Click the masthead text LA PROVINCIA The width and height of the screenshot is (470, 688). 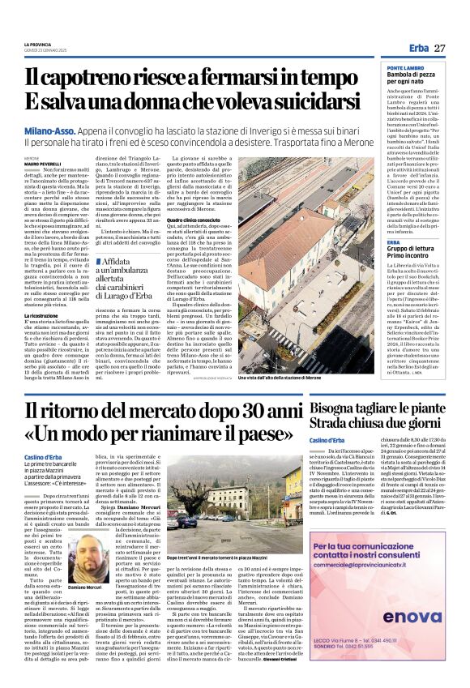39,45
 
